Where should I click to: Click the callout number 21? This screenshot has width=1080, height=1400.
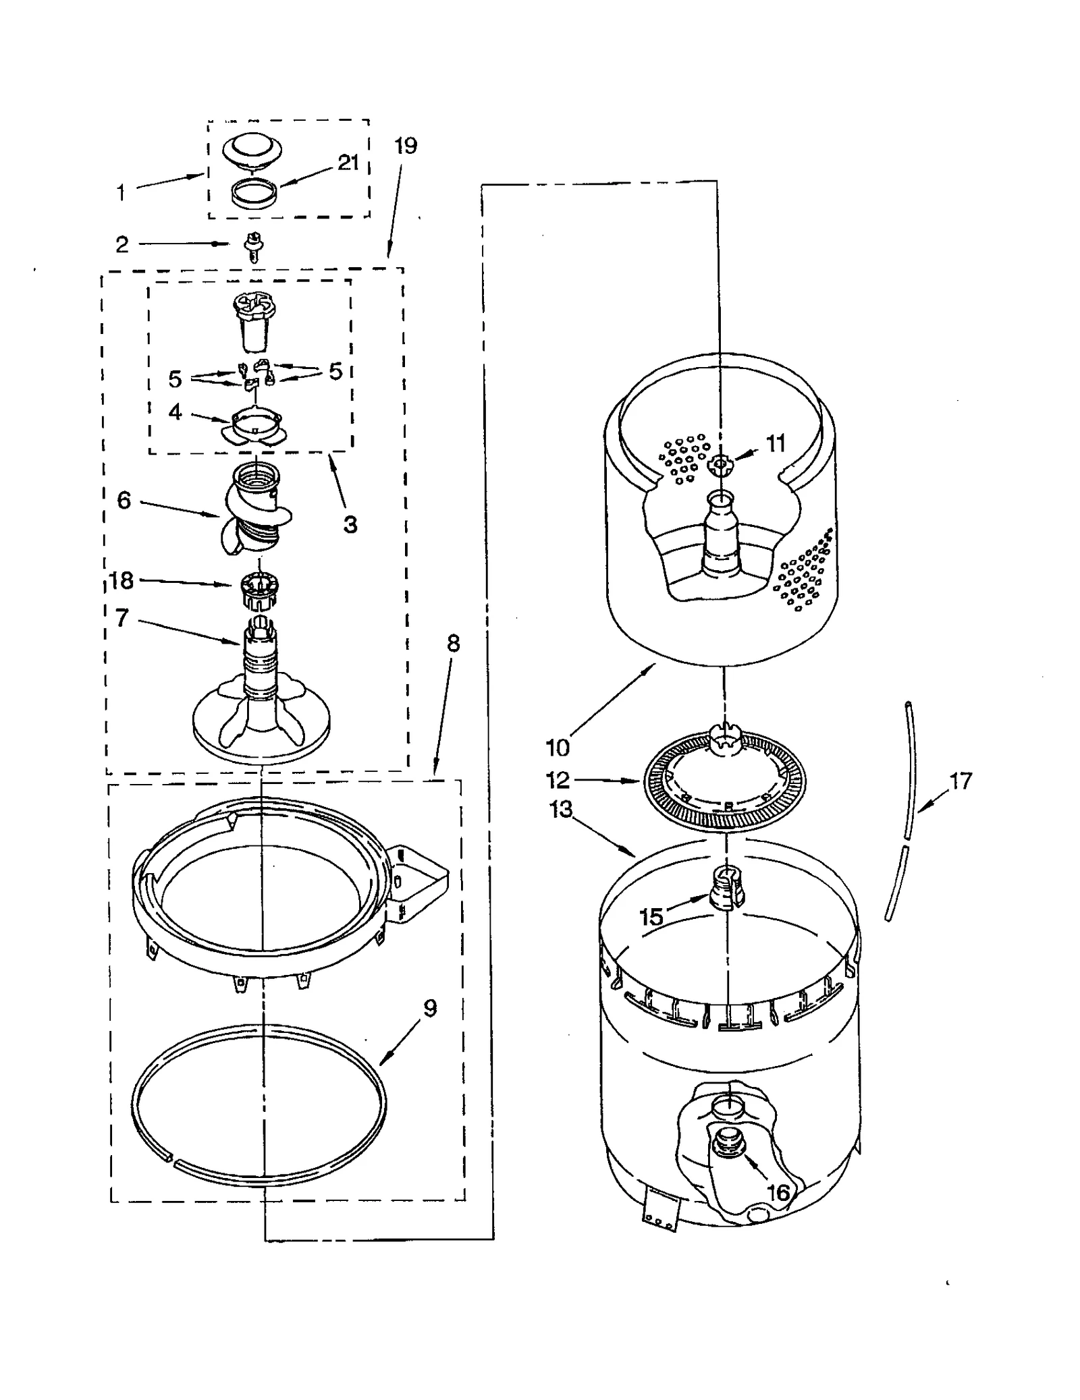click(x=348, y=163)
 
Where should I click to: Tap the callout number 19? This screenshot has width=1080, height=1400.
click(x=406, y=146)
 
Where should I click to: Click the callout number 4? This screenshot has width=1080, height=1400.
click(x=175, y=412)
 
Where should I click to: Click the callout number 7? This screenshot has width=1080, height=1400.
click(x=122, y=618)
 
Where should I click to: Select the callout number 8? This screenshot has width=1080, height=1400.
click(x=453, y=644)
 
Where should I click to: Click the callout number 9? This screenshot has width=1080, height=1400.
click(x=430, y=1008)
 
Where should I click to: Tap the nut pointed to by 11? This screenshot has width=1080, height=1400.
click(x=720, y=464)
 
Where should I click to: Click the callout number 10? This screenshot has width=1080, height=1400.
click(x=558, y=748)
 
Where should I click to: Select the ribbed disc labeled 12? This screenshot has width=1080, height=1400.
click(x=725, y=783)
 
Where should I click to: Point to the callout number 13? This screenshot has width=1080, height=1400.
click(x=561, y=809)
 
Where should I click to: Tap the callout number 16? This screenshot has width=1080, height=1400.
click(x=778, y=1192)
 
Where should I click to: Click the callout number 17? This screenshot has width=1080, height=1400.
click(x=960, y=781)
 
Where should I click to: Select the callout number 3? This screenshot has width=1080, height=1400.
click(x=350, y=524)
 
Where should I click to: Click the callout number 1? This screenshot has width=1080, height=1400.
click(x=121, y=193)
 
